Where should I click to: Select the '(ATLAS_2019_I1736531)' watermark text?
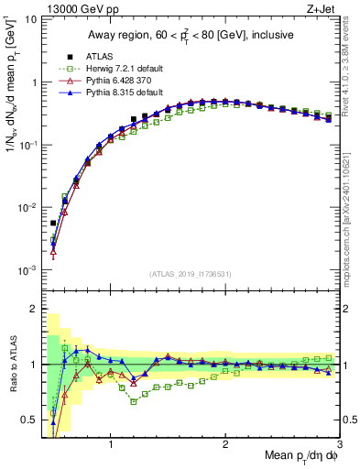point(191,274)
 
